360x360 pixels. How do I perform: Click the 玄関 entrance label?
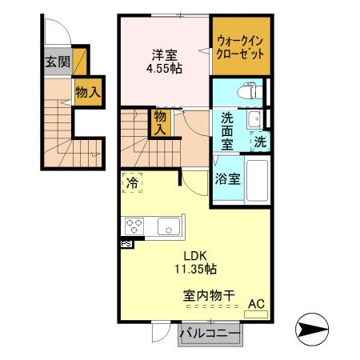(56, 62)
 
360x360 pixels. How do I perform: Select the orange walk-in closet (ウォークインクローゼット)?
(241, 44)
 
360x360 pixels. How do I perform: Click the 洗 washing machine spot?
(261, 142)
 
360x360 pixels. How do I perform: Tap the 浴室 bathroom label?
(226, 179)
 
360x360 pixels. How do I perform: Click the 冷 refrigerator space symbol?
(134, 183)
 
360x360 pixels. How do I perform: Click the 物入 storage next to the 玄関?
(87, 93)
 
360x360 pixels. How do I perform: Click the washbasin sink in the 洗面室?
(254, 121)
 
